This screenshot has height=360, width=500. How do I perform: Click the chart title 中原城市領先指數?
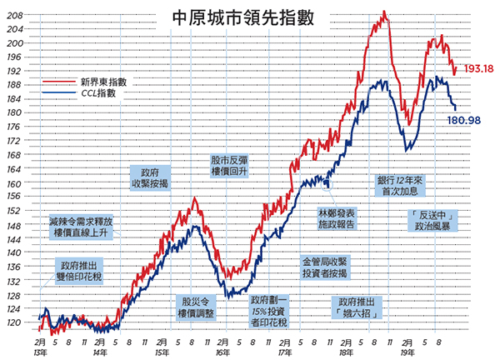pos(243,18)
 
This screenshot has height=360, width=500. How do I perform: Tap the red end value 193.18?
pos(478,68)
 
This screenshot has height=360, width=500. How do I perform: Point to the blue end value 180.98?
pos(463,120)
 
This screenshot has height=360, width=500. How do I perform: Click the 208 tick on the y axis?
pos(15,15)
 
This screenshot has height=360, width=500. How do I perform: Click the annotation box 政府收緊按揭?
pos(150,178)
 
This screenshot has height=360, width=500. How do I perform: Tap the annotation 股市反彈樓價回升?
pos(229,166)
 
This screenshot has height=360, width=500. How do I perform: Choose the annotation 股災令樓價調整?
pos(196,307)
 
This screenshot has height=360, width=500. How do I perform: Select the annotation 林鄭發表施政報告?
pos(337,218)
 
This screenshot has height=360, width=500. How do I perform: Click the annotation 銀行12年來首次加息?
pos(400,186)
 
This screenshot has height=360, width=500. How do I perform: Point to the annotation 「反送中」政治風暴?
pos(432,220)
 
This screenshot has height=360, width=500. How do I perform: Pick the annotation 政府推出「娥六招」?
pos(357,307)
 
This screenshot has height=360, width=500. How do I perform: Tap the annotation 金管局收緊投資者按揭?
pos(325,267)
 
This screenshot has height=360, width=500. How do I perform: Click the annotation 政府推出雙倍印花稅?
pos(79,271)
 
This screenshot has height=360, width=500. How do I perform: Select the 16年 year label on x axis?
pos(222,353)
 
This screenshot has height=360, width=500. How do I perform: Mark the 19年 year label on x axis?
pos(407,353)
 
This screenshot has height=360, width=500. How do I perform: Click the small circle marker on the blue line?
pos(327,185)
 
